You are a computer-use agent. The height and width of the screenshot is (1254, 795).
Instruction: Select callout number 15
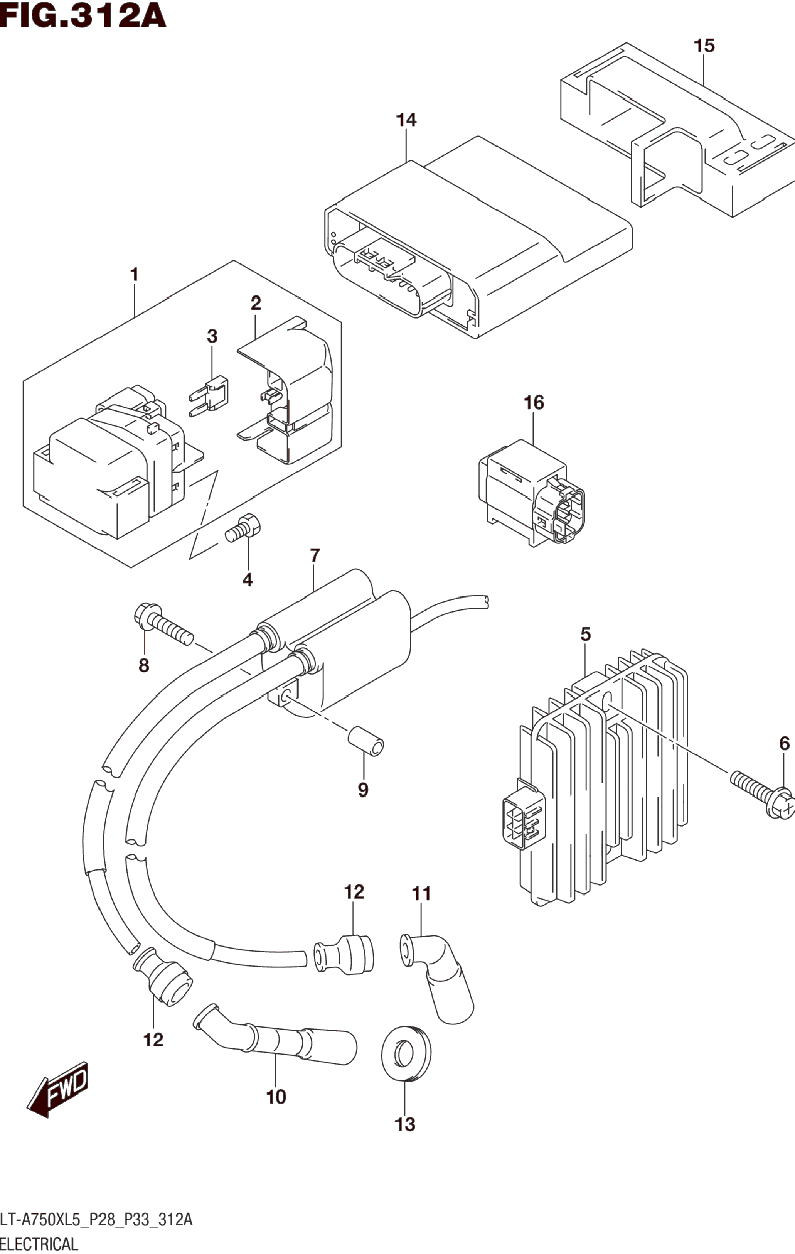pos(704,46)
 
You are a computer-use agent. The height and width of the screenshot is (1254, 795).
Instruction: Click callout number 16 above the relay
pos(534,403)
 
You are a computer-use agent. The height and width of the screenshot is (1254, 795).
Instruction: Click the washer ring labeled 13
pos(406,1053)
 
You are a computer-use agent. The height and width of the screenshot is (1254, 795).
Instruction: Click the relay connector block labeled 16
pos(531,492)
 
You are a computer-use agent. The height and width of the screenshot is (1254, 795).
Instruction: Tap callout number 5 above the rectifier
pos(585,634)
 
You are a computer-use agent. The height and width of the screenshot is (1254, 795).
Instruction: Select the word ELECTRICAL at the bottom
pos(40,1244)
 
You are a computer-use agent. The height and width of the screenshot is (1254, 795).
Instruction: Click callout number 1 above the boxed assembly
pos(134,274)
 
